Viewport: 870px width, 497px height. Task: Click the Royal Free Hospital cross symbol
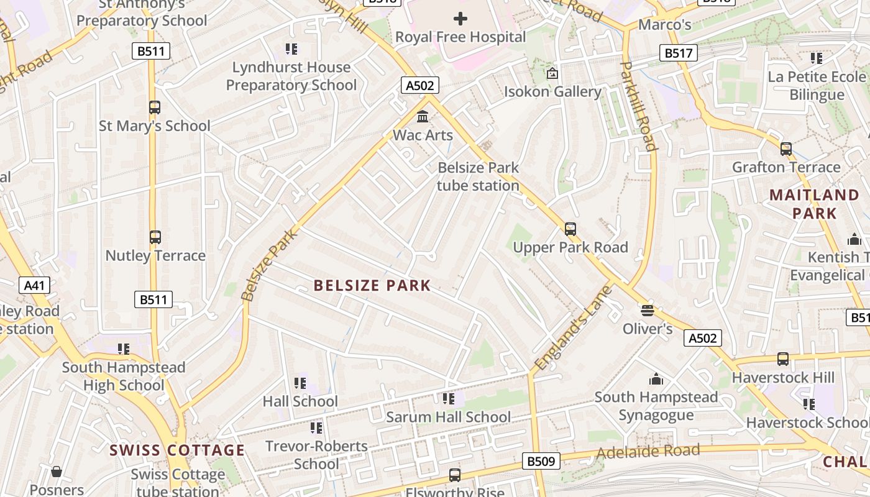[x=460, y=19]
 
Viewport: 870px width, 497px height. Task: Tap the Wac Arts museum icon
[x=423, y=116]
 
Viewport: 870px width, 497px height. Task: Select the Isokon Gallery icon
[x=552, y=73]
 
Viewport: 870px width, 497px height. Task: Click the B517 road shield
[x=678, y=53]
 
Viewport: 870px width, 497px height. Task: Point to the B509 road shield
[x=541, y=461]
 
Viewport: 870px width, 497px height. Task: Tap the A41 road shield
[x=34, y=285]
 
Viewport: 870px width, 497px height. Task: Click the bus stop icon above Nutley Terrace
[x=155, y=237]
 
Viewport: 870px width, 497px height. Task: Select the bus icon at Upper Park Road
[x=570, y=229]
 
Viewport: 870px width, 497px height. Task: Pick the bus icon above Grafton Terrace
[x=786, y=149]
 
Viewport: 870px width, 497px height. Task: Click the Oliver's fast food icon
[x=648, y=310]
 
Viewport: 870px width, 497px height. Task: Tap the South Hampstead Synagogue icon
[x=656, y=379]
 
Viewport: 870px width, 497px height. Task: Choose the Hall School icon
[x=300, y=383]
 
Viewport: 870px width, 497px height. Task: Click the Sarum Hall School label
[x=448, y=417]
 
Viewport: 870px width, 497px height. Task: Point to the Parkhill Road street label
[x=639, y=106]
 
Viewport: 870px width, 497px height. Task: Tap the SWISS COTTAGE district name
[x=177, y=450]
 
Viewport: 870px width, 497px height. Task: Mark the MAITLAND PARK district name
[x=814, y=204]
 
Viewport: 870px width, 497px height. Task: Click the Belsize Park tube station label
[x=478, y=176]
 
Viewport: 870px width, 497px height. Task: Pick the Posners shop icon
[x=57, y=472]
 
